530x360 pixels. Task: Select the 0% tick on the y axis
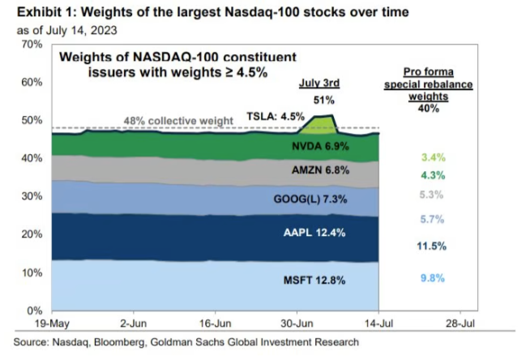pyautogui.click(x=35, y=311)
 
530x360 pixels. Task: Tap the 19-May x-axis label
pyautogui.click(x=53, y=323)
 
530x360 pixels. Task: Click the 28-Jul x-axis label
pyautogui.click(x=460, y=323)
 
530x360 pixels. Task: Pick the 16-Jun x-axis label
pyautogui.click(x=216, y=323)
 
